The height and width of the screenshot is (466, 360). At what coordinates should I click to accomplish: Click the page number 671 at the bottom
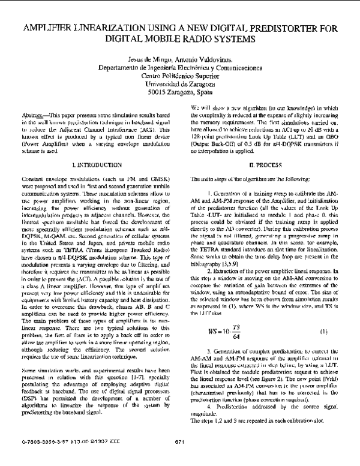179,459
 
